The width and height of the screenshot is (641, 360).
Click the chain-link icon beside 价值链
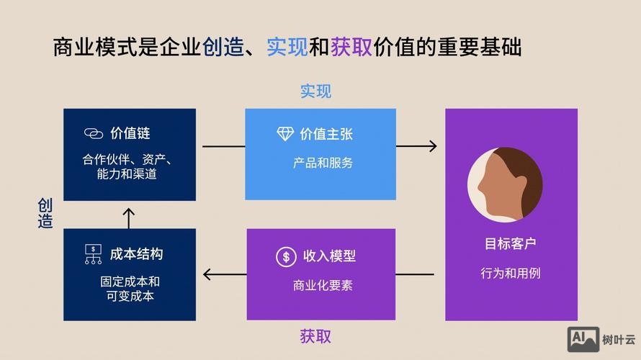pos(94,134)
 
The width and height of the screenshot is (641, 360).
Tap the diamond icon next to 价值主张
pos(285,134)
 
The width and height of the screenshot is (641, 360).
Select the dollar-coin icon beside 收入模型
pos(286,256)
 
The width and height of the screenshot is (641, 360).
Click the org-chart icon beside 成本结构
pos(94,254)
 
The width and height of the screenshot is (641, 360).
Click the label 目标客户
pos(511,244)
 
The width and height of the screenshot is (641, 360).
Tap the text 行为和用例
pos(511,274)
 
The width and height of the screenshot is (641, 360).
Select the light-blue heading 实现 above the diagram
pos(315,91)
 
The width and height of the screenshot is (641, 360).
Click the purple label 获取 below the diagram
pos(315,336)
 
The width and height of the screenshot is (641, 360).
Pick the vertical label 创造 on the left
pos(45,214)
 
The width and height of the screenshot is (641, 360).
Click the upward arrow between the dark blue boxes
pos(129,215)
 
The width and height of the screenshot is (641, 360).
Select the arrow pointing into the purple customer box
pos(418,146)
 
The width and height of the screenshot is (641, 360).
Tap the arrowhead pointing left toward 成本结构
pos(208,274)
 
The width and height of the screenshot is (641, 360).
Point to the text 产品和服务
pos(323,163)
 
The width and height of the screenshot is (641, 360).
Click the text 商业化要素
pos(323,285)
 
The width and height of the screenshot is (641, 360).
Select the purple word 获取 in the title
pos(351,48)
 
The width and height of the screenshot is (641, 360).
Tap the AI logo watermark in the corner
pos(583,339)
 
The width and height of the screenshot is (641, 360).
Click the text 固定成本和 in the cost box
pos(130,282)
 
